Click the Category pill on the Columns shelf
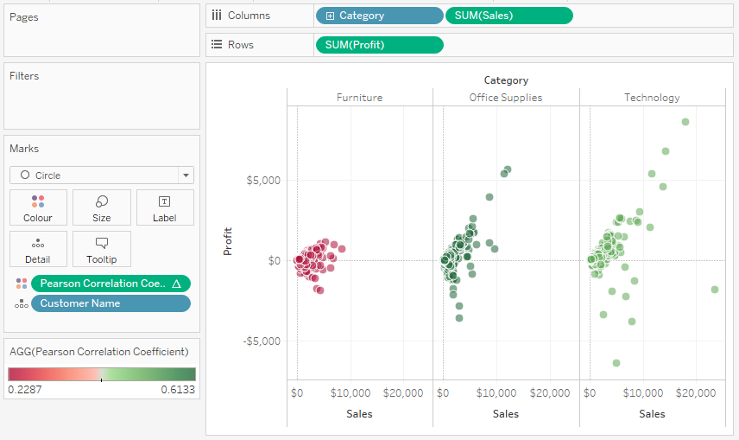[379, 16]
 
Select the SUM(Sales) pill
[509, 16]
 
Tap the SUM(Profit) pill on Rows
[379, 45]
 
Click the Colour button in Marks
[38, 207]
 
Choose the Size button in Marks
[102, 207]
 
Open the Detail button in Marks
[38, 249]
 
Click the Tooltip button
[102, 249]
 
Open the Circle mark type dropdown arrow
[186, 175]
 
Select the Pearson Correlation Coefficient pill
[111, 284]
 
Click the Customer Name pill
[111, 303]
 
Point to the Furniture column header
[360, 98]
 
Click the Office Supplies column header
[506, 98]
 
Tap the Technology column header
[653, 98]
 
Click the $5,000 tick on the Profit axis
[263, 181]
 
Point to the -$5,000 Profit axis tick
[262, 341]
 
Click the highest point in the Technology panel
[685, 122]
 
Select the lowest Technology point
[616, 363]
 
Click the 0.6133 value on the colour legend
[178, 390]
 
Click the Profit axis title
[228, 242]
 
